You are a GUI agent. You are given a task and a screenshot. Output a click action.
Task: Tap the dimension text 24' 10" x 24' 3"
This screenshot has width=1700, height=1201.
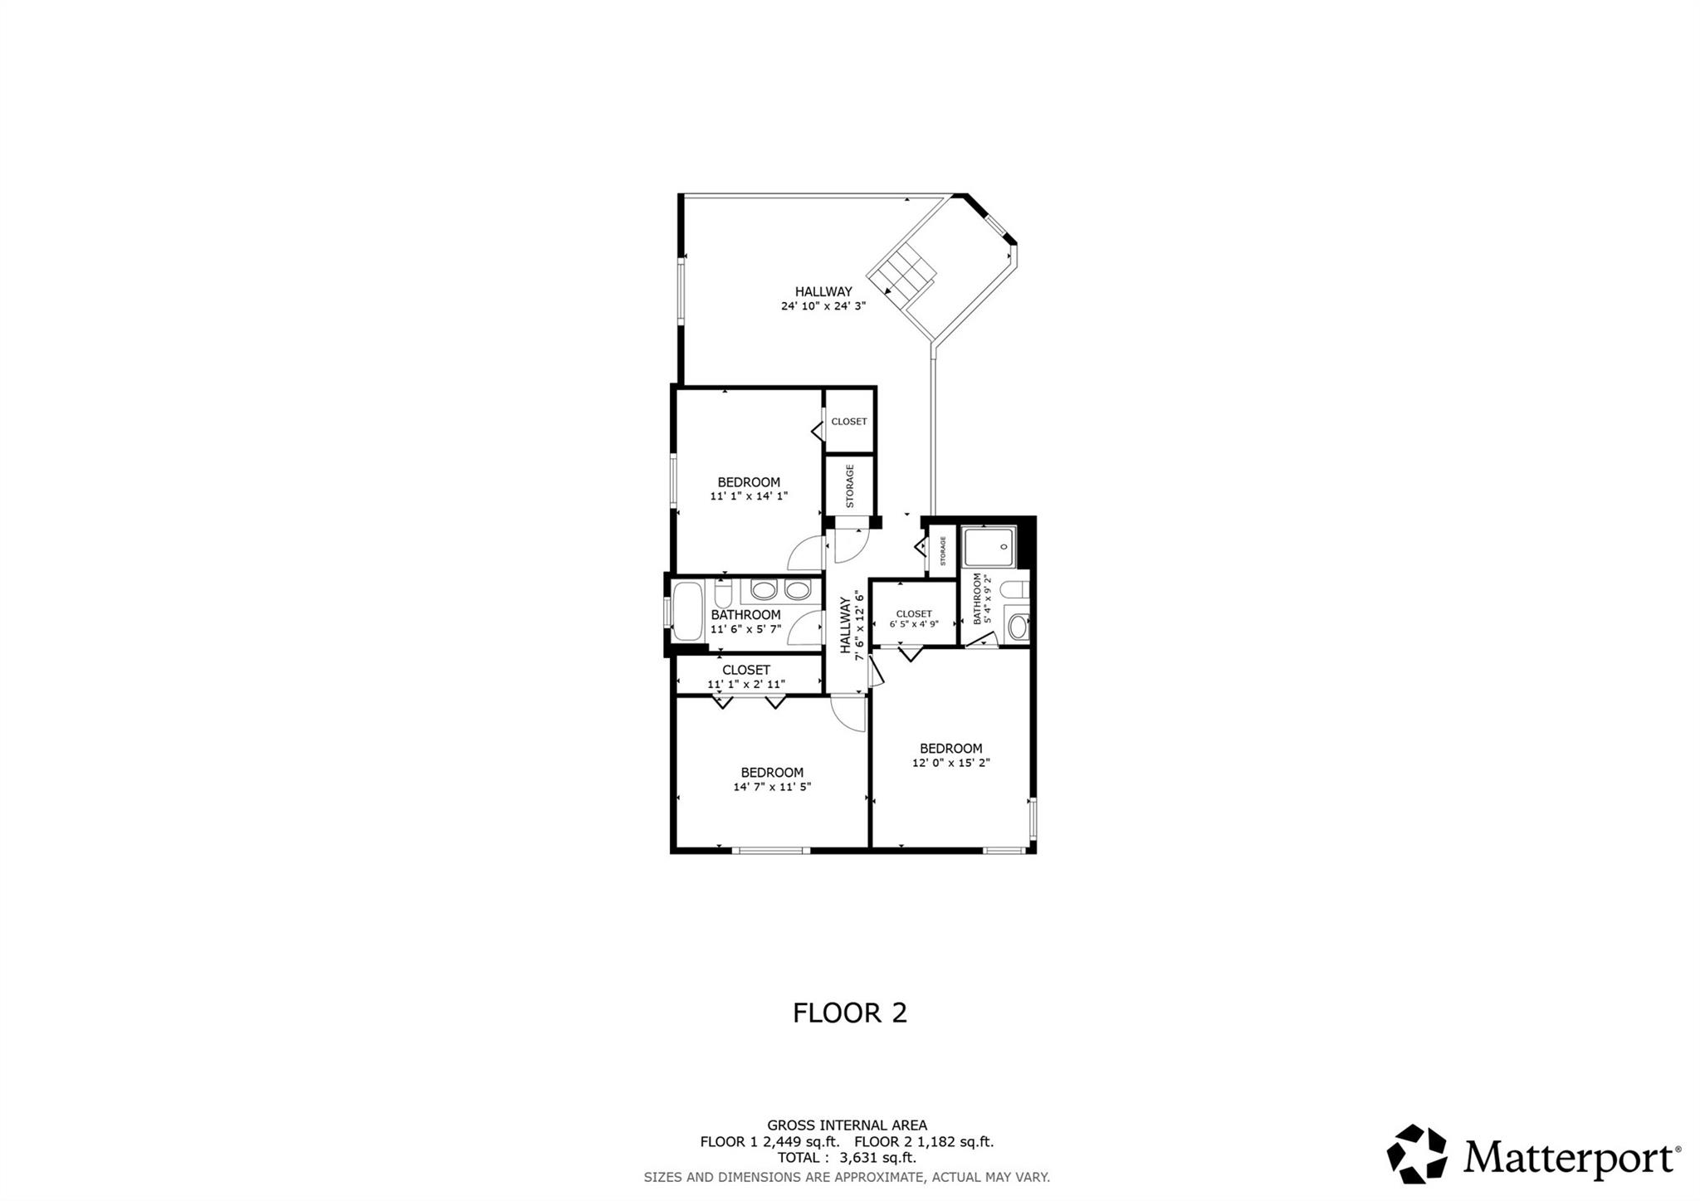[823, 305]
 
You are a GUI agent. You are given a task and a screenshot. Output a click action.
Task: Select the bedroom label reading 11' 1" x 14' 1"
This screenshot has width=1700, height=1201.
[749, 496]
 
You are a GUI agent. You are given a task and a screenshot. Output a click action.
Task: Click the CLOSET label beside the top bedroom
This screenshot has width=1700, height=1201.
[849, 422]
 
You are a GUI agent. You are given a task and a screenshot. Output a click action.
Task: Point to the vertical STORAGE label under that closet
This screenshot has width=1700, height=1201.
[850, 486]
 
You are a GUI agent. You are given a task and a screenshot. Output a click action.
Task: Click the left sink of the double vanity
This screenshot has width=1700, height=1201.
[763, 590]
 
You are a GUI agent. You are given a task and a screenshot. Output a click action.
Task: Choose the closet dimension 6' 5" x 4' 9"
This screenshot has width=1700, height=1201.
[913, 624]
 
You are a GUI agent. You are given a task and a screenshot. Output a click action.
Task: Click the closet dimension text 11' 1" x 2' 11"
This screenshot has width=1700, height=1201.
[746, 684]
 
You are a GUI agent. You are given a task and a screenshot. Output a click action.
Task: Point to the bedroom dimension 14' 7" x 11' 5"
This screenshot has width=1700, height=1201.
[772, 787]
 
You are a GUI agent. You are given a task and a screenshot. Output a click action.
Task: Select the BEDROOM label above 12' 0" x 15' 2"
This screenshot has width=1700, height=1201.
[950, 748]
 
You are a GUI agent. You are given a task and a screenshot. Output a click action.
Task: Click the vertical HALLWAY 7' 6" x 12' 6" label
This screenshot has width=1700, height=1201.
[852, 622]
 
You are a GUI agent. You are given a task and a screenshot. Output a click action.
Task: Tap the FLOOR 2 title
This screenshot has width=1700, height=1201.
[849, 1013]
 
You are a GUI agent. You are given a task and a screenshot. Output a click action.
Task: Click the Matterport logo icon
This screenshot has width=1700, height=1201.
[1417, 1154]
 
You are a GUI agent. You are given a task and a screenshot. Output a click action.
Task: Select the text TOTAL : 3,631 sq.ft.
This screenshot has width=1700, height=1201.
[847, 1157]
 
